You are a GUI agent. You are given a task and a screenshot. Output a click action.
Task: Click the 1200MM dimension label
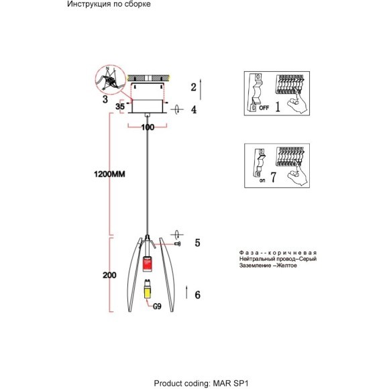109,174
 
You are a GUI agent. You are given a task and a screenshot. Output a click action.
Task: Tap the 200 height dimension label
109,275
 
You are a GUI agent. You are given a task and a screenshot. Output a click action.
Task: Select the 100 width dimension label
148,127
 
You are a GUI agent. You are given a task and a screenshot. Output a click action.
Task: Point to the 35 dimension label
120,107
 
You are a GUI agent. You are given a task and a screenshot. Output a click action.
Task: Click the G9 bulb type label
157,307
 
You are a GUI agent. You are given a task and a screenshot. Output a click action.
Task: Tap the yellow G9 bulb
148,290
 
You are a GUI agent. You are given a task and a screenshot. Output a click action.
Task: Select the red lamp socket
147,264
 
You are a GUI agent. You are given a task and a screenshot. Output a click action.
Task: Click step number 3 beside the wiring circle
105,99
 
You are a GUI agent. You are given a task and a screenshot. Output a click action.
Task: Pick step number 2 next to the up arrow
194,87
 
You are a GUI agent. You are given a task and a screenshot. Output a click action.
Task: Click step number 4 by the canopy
194,109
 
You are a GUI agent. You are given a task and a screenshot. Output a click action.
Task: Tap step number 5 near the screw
197,243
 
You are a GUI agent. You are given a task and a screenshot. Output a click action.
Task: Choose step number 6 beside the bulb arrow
197,295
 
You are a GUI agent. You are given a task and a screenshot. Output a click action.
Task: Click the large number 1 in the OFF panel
278,107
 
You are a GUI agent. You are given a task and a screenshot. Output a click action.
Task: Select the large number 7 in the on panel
273,177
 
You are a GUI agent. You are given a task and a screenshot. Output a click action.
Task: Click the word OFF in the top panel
264,108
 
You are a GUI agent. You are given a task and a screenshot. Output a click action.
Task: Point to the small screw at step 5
178,244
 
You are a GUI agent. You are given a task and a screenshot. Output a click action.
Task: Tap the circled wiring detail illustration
111,80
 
